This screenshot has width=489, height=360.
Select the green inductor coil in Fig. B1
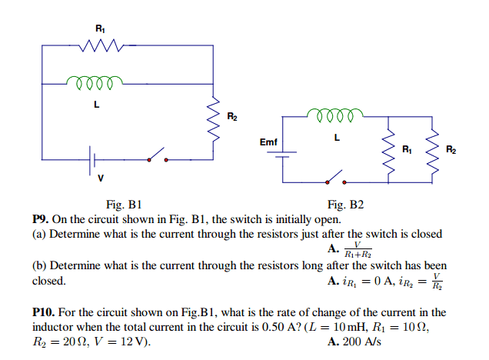(94, 81)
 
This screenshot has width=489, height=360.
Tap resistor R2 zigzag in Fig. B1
(214, 117)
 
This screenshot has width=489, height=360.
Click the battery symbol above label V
(93, 159)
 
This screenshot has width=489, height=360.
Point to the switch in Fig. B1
(157, 156)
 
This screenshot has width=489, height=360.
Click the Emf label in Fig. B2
(269, 142)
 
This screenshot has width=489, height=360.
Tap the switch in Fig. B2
(334, 179)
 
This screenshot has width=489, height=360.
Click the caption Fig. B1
(125, 205)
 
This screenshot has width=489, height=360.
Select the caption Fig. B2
(345, 205)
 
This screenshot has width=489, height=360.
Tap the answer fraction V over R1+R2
(358, 249)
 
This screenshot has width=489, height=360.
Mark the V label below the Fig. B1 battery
(99, 178)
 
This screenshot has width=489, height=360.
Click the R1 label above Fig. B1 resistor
(99, 28)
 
